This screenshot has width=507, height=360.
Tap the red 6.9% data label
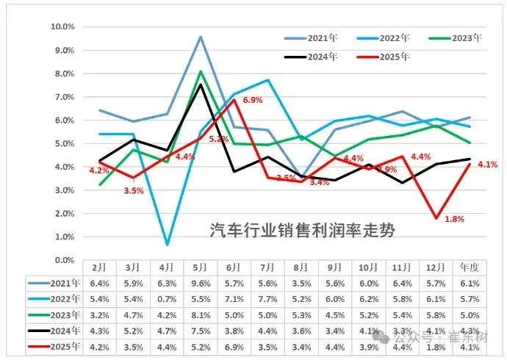[253, 100]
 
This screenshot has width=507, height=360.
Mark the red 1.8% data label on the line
[456, 220]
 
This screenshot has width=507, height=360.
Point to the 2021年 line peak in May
[200, 37]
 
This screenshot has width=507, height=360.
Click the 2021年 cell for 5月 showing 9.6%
[200, 284]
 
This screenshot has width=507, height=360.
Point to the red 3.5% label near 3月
[133, 190]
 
